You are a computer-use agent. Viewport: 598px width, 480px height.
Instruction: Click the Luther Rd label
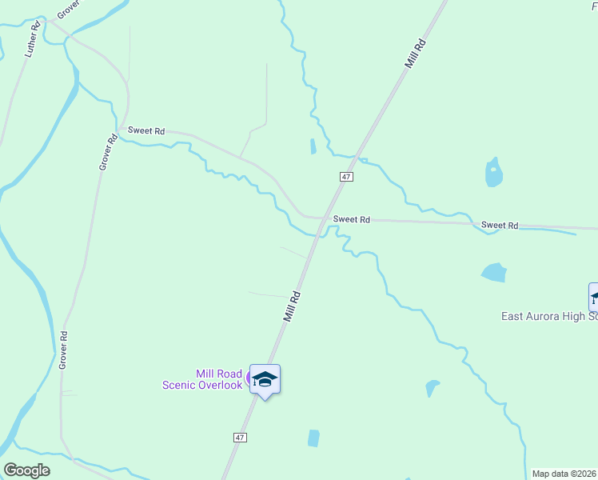pyautogui.click(x=33, y=40)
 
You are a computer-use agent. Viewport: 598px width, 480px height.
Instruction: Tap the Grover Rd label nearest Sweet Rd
pyautogui.click(x=108, y=152)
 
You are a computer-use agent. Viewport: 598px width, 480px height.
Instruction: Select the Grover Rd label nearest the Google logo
pyautogui.click(x=62, y=350)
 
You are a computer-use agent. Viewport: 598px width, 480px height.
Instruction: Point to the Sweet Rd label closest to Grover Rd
pyautogui.click(x=146, y=130)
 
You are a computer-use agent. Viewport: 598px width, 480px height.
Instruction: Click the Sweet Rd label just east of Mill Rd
pyautogui.click(x=352, y=219)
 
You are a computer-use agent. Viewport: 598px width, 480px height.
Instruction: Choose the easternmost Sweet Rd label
pyautogui.click(x=500, y=226)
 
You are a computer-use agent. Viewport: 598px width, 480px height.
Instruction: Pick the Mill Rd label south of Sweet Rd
pyautogui.click(x=292, y=306)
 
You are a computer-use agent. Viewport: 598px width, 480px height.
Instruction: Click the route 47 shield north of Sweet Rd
pyautogui.click(x=346, y=176)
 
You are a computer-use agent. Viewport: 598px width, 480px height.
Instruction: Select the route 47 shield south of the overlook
pyautogui.click(x=240, y=438)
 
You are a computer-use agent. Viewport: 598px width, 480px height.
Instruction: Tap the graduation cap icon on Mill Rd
pyautogui.click(x=265, y=379)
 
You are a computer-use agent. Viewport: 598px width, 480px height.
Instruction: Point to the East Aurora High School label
pyautogui.click(x=549, y=316)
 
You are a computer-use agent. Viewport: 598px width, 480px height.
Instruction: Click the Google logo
pyautogui.click(x=26, y=470)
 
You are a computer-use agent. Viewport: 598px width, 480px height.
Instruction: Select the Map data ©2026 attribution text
pyautogui.click(x=564, y=474)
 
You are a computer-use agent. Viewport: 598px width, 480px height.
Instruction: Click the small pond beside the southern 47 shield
pyautogui.click(x=313, y=438)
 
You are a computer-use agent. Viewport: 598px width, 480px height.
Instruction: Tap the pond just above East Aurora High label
pyautogui.click(x=494, y=273)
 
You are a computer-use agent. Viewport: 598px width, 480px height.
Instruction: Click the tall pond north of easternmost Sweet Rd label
pyautogui.click(x=493, y=172)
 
